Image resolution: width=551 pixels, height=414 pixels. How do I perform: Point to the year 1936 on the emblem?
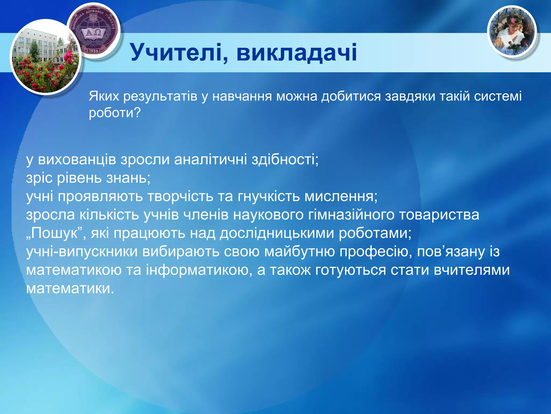click(x=93, y=50)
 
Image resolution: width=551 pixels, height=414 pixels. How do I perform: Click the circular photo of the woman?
click(x=512, y=32)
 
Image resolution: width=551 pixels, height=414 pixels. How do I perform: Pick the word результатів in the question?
click(x=160, y=96)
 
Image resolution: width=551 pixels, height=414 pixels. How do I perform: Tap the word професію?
click(x=376, y=251)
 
